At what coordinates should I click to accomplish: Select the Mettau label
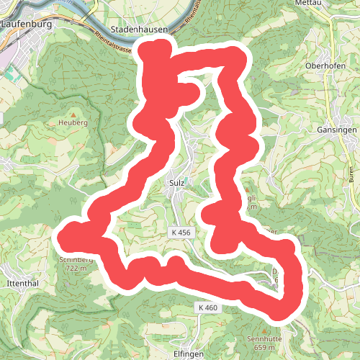307,4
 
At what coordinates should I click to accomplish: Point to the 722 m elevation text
76,268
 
